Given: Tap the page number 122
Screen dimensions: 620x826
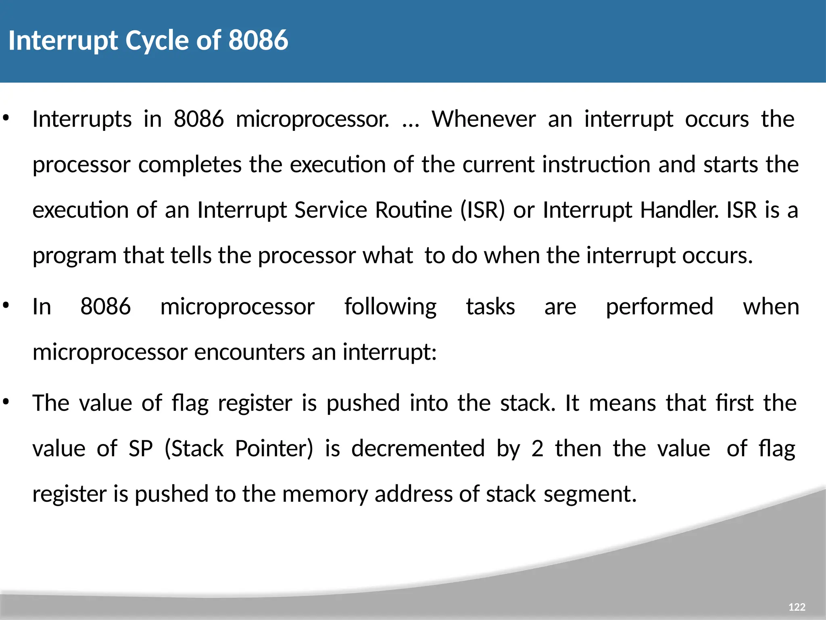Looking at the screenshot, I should point(797,607).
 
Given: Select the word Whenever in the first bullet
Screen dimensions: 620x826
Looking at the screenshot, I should point(484,119).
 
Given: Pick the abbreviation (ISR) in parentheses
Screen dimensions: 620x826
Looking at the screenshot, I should point(482,210).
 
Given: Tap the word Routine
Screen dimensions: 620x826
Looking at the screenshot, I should point(413,210).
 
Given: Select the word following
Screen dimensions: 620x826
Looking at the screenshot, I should point(390,307).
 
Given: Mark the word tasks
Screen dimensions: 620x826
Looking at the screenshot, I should point(490,307).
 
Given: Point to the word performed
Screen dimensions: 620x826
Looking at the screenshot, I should point(659,307).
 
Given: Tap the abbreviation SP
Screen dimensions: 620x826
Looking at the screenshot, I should point(140,448).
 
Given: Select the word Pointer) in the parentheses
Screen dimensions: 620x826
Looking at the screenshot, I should point(274,448).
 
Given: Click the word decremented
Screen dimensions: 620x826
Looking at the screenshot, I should point(418,448).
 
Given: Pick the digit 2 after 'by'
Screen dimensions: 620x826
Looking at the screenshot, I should point(537,448).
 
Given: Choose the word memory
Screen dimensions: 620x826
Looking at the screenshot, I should point(325,494).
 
